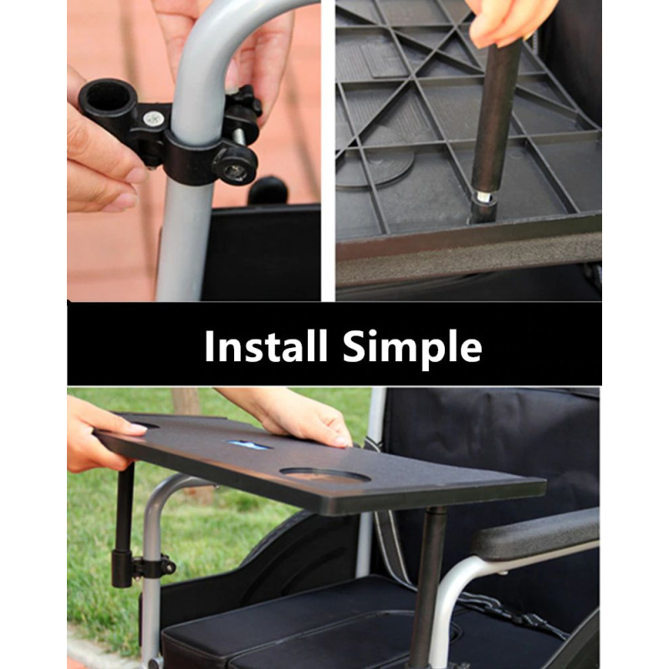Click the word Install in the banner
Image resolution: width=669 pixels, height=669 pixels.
266,346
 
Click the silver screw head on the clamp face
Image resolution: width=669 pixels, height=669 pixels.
151,119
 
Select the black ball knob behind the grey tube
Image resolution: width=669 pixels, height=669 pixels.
268,191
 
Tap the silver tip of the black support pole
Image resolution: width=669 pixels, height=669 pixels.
483,197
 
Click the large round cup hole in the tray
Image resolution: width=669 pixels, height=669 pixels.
325,476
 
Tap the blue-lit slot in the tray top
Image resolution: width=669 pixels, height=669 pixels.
249,445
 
